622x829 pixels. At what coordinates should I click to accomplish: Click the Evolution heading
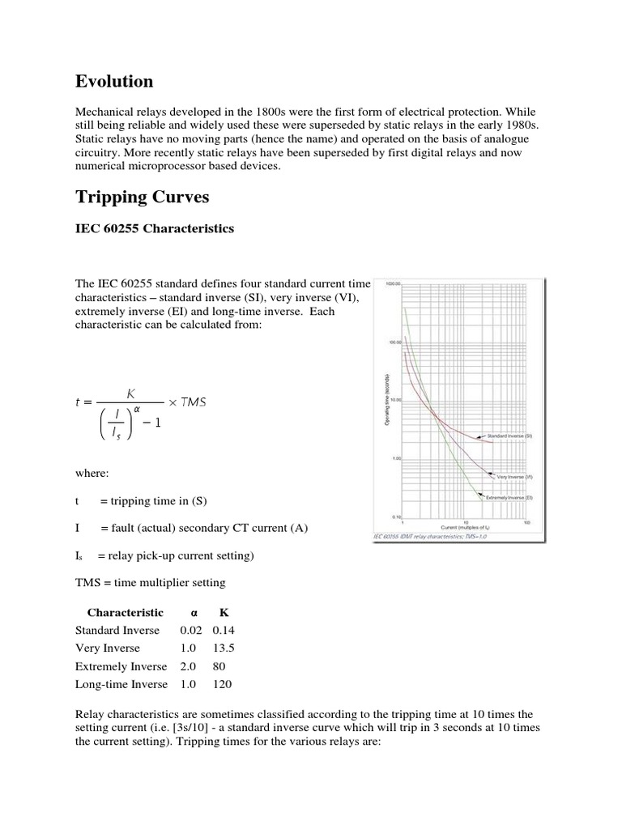pos(114,81)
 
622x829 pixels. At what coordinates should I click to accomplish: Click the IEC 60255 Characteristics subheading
pos(155,228)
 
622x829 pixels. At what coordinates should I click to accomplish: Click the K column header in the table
pos(202,613)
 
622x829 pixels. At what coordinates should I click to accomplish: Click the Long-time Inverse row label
pos(121,684)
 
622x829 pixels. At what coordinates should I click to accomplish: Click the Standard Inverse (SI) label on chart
pos(509,436)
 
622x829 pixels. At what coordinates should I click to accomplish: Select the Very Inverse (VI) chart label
pos(514,477)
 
